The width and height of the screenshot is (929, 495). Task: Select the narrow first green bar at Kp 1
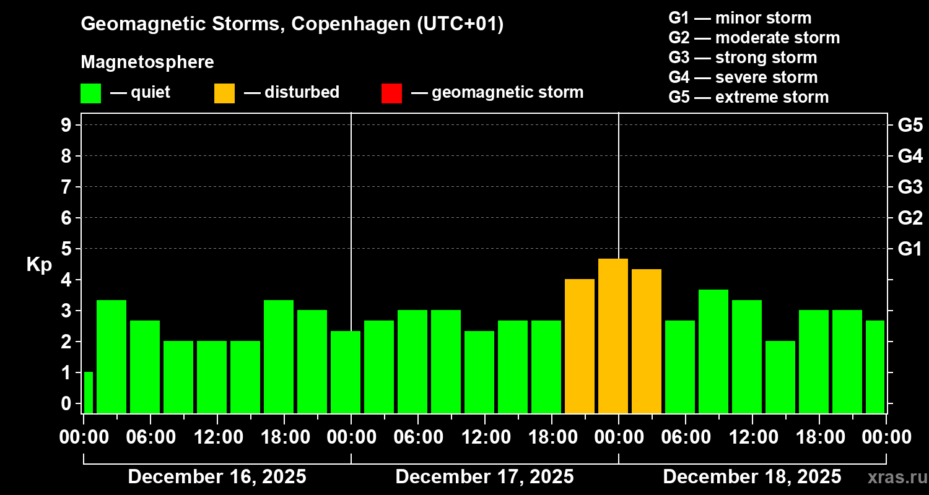point(89,392)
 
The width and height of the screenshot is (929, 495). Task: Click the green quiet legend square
point(90,93)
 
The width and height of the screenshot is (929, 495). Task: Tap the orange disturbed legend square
point(224,93)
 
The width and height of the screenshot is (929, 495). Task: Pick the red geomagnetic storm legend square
point(391,93)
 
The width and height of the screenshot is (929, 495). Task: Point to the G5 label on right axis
point(910,126)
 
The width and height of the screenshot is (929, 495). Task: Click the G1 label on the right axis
point(910,249)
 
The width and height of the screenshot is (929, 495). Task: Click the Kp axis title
point(39,265)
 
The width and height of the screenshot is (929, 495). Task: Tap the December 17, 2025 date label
point(484,477)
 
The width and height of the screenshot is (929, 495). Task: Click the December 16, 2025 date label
point(217,477)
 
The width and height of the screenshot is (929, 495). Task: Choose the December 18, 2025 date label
point(752,477)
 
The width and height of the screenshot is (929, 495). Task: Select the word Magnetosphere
point(147,62)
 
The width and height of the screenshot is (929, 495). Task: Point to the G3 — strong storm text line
point(743,58)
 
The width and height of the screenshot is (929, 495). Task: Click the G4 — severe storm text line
point(743,77)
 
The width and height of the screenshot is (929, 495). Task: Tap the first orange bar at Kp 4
point(580,346)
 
